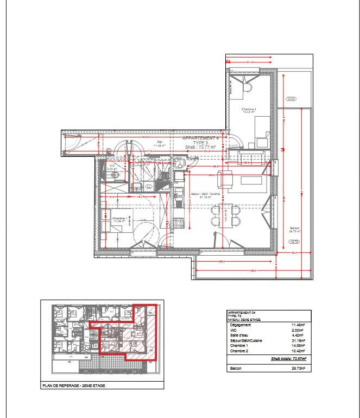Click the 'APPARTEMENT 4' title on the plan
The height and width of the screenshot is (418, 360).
(x=200, y=138)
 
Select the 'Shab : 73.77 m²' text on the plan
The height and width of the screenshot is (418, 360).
(x=200, y=147)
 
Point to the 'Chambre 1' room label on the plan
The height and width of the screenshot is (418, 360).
(x=119, y=219)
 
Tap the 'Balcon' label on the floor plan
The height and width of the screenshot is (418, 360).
(x=294, y=229)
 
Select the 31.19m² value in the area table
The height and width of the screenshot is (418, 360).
(x=298, y=341)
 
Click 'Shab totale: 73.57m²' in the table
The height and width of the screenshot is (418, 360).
(x=288, y=359)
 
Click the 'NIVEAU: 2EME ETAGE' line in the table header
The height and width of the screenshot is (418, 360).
(x=244, y=320)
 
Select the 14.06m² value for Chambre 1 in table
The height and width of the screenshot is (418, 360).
(x=298, y=346)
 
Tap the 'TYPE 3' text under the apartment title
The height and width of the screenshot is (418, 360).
(x=200, y=143)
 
